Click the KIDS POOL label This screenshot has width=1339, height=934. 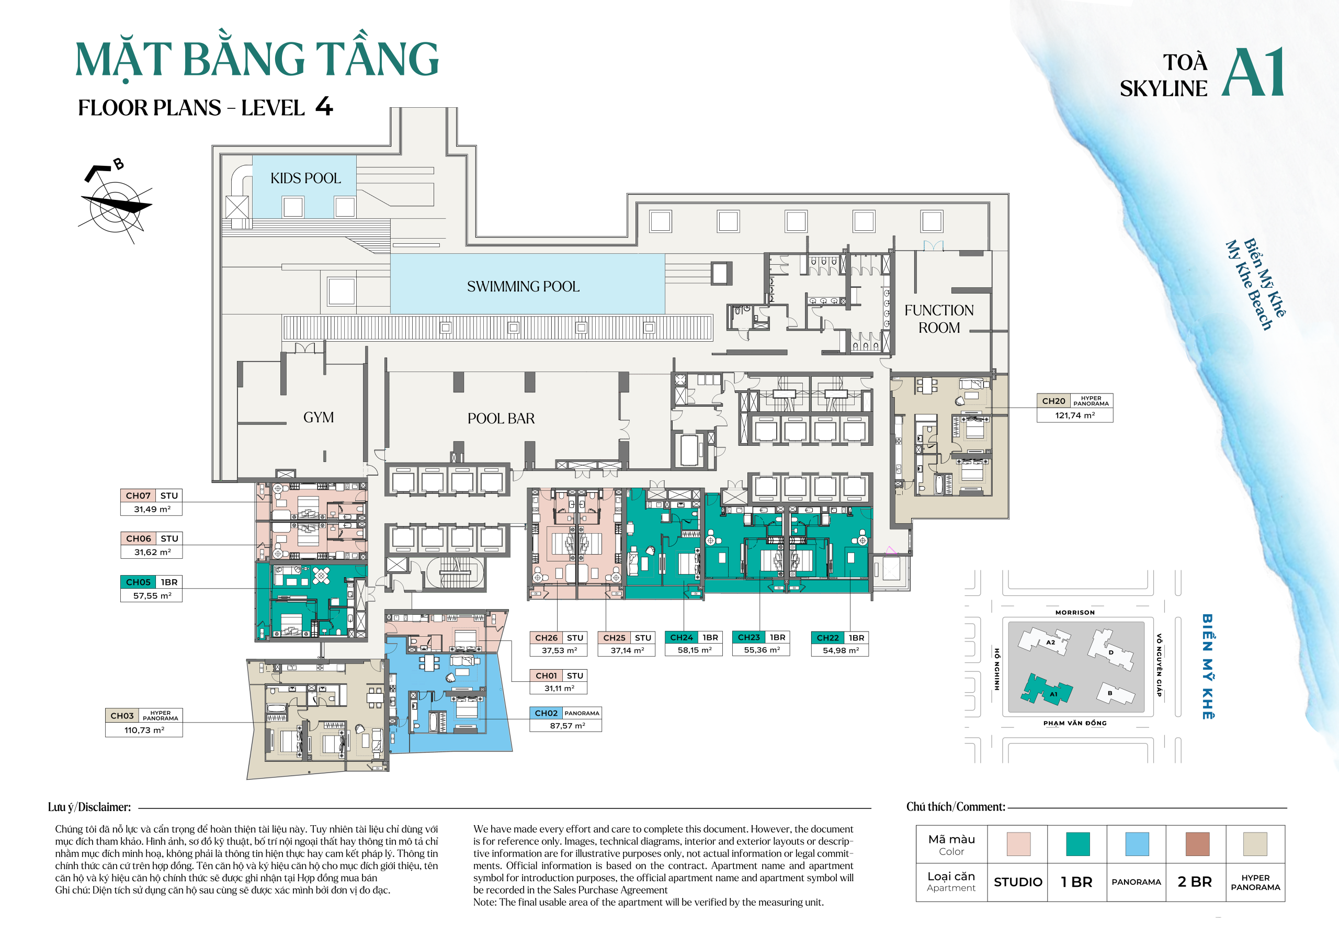305,178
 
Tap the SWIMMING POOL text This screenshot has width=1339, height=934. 523,286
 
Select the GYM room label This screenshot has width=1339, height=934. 319,417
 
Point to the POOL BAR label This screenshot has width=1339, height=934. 501,418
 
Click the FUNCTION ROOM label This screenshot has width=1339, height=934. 938,319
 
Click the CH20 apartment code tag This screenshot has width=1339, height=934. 1053,401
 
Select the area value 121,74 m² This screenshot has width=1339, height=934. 1074,415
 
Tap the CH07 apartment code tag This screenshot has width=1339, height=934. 138,496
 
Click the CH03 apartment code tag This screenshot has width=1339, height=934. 122,715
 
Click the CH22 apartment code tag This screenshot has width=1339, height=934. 827,638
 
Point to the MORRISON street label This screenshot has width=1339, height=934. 1074,613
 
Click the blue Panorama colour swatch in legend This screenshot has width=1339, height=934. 1137,843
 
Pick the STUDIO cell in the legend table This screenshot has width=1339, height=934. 1017,882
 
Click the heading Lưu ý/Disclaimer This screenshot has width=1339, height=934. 89,807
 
